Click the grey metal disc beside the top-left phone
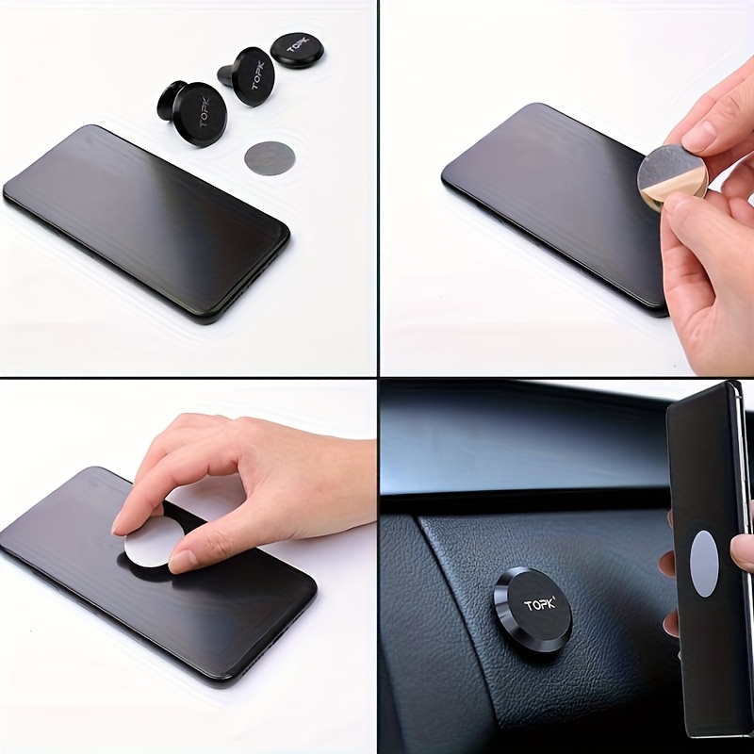270,158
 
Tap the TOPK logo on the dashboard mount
540,603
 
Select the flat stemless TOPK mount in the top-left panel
296,50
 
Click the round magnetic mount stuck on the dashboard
533,609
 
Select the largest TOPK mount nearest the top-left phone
192,112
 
